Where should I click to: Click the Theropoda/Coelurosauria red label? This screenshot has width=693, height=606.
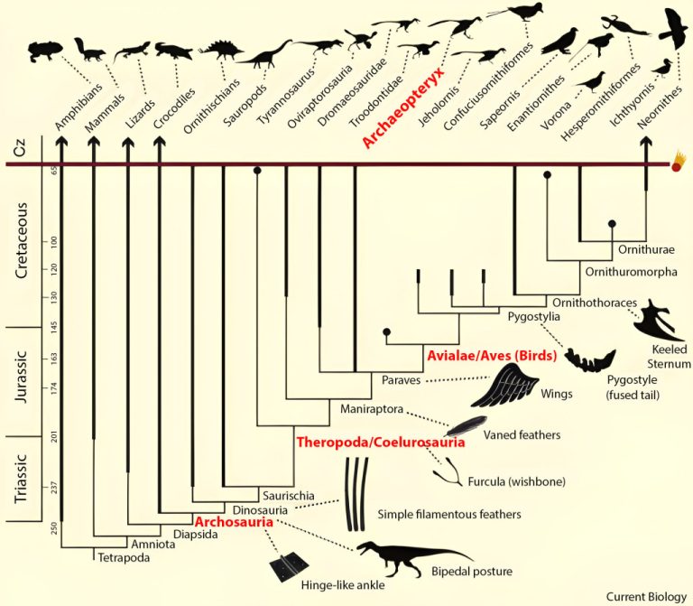381,443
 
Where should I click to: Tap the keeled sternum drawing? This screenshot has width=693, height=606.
663,317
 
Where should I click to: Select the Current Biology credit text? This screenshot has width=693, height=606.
643,596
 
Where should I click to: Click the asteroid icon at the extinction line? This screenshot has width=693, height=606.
679,164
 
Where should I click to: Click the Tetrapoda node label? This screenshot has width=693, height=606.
122,556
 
